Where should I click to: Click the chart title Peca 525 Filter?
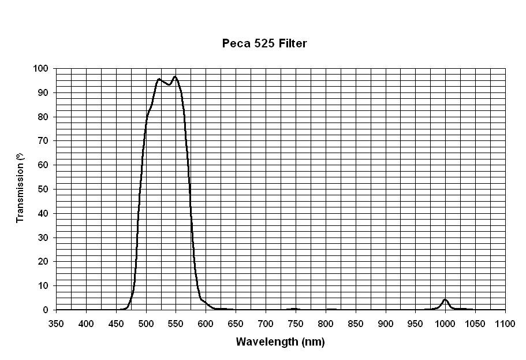coord(264,43)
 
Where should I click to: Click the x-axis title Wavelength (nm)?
coord(280,342)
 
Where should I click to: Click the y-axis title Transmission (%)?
coord(21,188)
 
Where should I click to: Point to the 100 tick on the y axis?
coord(42,68)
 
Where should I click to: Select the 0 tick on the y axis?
coord(46,310)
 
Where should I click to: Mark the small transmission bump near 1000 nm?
coord(445,300)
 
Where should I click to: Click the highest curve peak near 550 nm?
coord(175,76)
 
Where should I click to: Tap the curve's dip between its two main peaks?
coord(169,84)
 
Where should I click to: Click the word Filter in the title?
coord(293,43)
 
